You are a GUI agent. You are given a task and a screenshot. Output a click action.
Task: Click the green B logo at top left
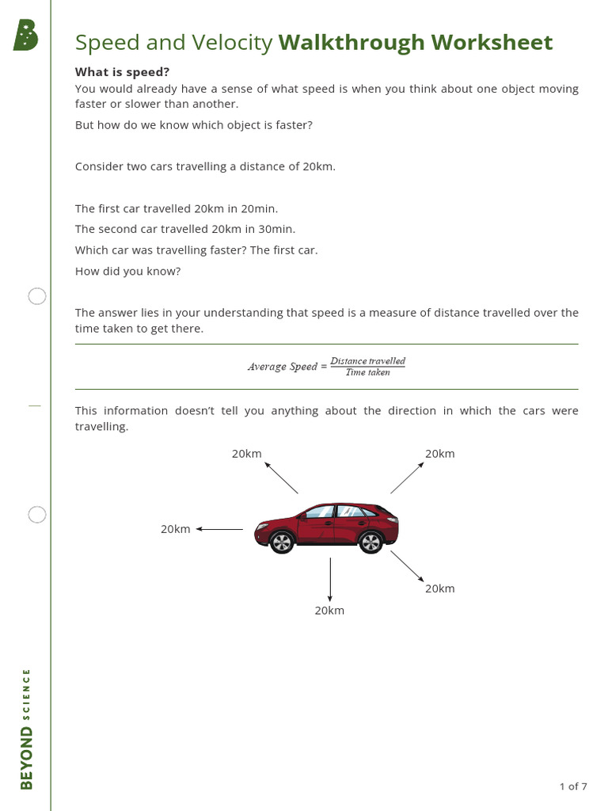(25, 36)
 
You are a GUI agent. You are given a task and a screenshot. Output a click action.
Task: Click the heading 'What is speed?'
(122, 71)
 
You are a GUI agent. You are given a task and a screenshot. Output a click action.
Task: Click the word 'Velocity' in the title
(234, 43)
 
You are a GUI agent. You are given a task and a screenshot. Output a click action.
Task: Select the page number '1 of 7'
(573, 786)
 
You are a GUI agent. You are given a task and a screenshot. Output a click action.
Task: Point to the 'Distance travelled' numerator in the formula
(367, 361)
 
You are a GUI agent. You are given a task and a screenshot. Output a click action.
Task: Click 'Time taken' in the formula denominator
(367, 372)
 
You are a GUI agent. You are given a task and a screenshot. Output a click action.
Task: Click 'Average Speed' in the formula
(282, 367)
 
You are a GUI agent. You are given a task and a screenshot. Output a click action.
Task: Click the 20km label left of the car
(175, 529)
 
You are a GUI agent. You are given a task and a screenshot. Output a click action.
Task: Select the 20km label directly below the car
(329, 611)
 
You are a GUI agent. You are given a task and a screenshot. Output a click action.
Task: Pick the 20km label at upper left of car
(246, 454)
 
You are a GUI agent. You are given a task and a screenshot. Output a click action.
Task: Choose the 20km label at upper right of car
(439, 454)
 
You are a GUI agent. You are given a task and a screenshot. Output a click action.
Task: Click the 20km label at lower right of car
(439, 588)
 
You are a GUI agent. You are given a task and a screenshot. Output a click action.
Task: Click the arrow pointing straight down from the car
(330, 578)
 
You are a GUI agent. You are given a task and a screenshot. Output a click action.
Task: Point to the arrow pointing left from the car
(220, 529)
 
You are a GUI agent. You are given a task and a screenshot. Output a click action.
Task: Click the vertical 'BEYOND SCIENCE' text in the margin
(26, 729)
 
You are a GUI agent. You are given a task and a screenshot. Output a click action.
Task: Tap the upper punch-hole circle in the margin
(37, 296)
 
